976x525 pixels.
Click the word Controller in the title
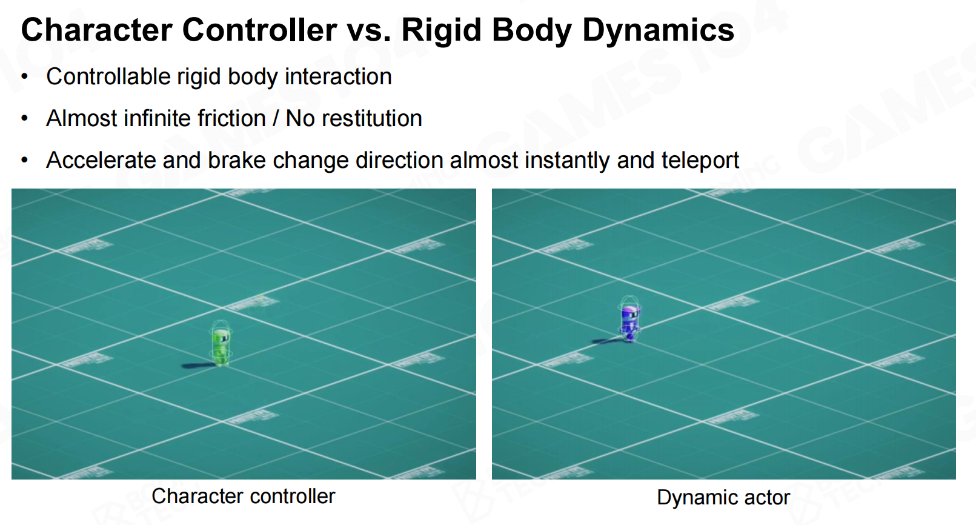[x=259, y=30]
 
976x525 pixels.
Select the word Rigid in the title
[x=441, y=30]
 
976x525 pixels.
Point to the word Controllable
[x=108, y=76]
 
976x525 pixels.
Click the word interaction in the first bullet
[x=338, y=76]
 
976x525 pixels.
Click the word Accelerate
[x=101, y=160]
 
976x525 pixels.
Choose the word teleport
[x=700, y=161]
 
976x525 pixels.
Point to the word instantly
[x=567, y=161]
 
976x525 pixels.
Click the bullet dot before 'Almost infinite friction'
[x=24, y=118]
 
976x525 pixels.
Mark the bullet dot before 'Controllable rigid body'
[x=24, y=77]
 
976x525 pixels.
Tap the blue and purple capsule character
[x=629, y=319]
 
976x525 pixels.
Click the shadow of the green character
[x=198, y=366]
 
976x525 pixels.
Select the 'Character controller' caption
[x=243, y=497]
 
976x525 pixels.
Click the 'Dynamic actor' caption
[x=723, y=497]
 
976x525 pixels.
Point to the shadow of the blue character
[x=608, y=341]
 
